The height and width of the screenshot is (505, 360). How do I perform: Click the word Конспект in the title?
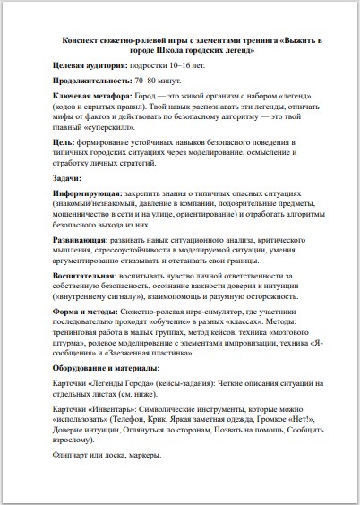(81, 41)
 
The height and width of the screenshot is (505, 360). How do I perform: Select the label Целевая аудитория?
(90, 66)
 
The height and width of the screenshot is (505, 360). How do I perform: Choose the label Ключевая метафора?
(92, 95)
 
